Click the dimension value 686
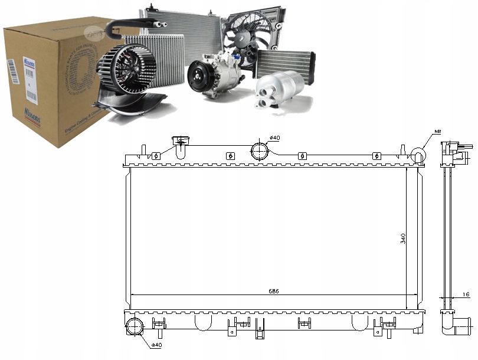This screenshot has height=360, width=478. [x=274, y=291]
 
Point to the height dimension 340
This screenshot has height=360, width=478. [x=403, y=238]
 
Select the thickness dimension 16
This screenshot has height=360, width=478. [x=466, y=293]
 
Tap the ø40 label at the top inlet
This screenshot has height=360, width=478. [x=274, y=138]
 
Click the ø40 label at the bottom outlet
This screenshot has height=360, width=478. [x=157, y=345]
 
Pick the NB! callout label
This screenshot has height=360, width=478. [x=437, y=131]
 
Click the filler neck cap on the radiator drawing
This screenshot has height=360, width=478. [x=179, y=141]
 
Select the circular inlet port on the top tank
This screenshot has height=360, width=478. [x=260, y=150]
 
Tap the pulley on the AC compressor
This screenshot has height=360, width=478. [x=198, y=77]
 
